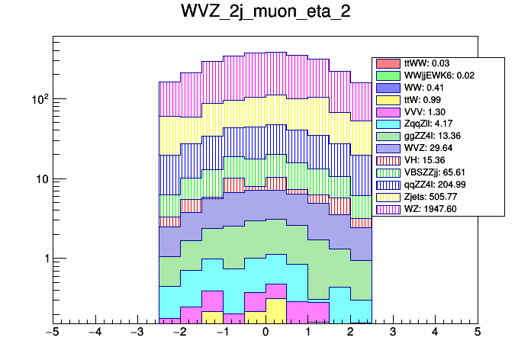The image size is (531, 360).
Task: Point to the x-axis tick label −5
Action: (53, 333)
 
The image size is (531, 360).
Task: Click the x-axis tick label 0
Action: (265, 333)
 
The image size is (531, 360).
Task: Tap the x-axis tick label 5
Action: (478, 333)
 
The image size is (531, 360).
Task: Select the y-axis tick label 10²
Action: (37, 98)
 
